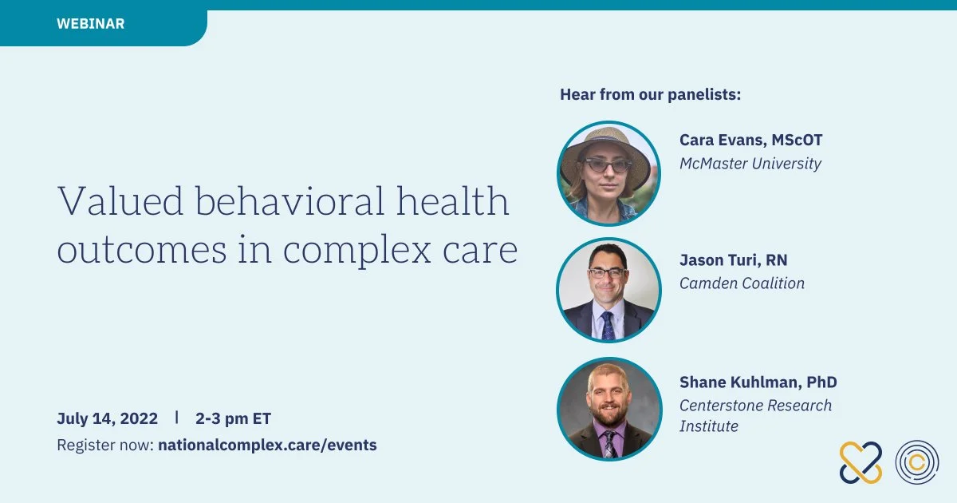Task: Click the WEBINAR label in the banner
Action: point(91,23)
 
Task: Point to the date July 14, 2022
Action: point(107,418)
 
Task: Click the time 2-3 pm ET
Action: point(233,418)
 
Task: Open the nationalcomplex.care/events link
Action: point(267,445)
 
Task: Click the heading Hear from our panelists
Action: point(650,94)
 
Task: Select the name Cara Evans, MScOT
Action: point(750,140)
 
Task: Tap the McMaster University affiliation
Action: point(750,164)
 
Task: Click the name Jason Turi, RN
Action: point(734,260)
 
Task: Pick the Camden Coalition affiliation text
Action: point(742,283)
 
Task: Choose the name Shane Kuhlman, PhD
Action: point(758,382)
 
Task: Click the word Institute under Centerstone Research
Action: point(709,426)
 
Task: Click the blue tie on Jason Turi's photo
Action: point(608,326)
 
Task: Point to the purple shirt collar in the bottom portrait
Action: point(609,430)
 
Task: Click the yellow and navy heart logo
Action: point(861,463)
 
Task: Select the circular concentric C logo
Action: point(917,462)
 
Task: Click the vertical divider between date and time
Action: point(176,417)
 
